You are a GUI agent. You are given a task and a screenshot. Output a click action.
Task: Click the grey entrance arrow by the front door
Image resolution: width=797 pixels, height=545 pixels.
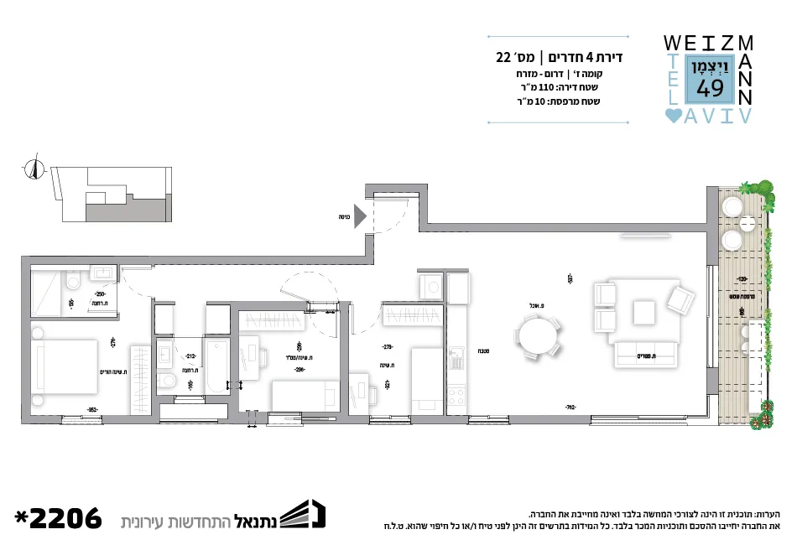pos(359,216)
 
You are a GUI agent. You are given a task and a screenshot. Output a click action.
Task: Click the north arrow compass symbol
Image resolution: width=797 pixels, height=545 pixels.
pos(34,169)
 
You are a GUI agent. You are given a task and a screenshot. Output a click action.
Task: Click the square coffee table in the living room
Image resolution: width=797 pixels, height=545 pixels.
pos(644,313)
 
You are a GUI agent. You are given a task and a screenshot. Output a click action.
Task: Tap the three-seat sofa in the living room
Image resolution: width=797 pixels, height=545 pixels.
pos(647,355)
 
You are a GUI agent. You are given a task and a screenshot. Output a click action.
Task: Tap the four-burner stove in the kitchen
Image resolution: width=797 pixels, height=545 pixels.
pos(457,394)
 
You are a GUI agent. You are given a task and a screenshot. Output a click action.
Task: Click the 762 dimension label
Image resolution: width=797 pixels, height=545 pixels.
pos(570,407)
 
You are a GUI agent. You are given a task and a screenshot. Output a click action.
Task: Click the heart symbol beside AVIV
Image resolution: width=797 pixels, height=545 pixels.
pos(673,117)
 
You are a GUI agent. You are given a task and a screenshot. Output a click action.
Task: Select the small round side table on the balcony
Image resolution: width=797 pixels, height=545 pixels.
pos(733,241)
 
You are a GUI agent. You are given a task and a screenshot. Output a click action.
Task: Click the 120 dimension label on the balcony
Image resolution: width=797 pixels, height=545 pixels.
pos(742,279)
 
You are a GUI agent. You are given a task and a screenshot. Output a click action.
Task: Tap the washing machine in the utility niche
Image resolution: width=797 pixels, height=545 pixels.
pos(432,288)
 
